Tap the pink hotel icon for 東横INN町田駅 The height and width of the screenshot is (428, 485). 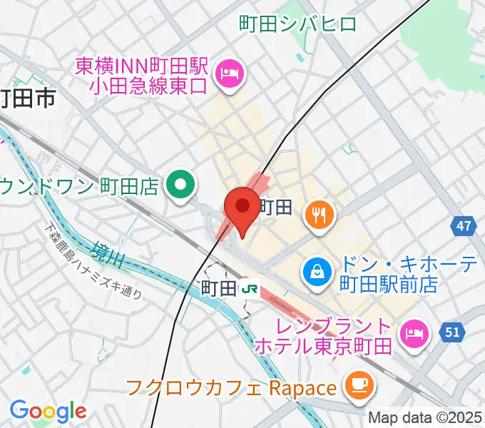pyautogui.click(x=230, y=72)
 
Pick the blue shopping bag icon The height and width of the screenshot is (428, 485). pyautogui.click(x=315, y=270)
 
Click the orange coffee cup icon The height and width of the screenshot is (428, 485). pyautogui.click(x=356, y=386)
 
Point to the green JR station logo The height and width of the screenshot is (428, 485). pyautogui.click(x=249, y=288)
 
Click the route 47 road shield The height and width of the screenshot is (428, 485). pyautogui.click(x=464, y=228)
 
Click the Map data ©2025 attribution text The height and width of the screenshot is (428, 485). pyautogui.click(x=425, y=417)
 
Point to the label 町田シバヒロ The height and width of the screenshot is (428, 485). pyautogui.click(x=297, y=24)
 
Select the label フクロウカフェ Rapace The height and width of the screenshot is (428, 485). pyautogui.click(x=230, y=389)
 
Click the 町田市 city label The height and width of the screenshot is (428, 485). pyautogui.click(x=27, y=98)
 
